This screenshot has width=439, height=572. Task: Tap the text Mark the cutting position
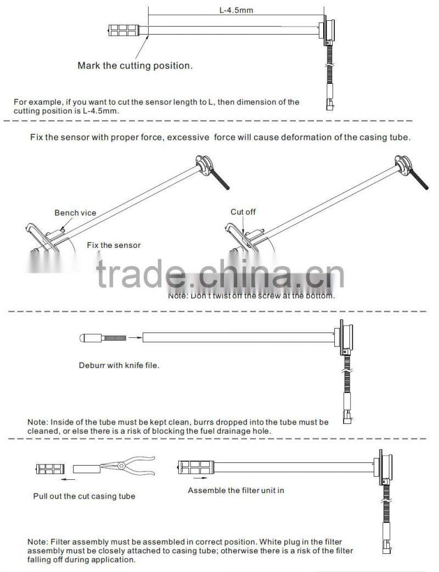point(135,66)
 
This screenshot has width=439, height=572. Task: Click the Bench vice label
point(75,213)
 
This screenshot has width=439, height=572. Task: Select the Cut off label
point(243,212)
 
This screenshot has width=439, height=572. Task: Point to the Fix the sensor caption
point(114,245)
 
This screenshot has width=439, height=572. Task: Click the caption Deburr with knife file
point(119,365)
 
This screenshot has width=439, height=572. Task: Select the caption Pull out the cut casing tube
point(84,496)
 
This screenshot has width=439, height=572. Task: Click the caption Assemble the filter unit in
point(236,490)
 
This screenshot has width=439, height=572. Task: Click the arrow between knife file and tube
point(135,338)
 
